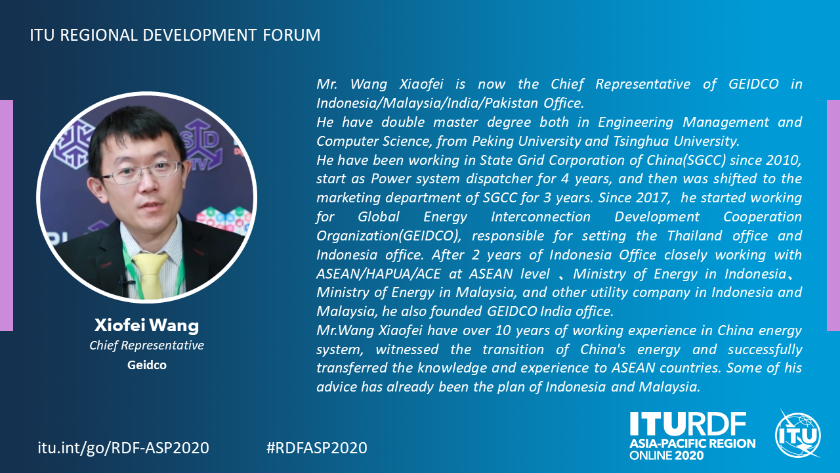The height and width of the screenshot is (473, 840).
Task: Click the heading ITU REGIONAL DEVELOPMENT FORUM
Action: (175, 35)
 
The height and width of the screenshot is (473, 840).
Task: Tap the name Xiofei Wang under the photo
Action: (146, 325)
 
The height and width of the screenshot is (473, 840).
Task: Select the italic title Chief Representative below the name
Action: (146, 346)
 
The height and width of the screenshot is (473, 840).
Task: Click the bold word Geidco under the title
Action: (146, 365)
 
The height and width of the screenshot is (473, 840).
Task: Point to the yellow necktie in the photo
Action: (150, 275)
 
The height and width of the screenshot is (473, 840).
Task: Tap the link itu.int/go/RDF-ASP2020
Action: (123, 448)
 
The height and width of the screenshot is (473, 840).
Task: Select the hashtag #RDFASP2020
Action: (317, 448)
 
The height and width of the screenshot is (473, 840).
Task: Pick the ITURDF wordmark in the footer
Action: (688, 424)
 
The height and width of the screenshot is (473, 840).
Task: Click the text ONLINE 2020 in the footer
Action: (667, 456)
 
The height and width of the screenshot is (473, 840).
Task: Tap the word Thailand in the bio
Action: (694, 236)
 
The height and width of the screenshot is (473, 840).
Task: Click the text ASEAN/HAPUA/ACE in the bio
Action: (379, 274)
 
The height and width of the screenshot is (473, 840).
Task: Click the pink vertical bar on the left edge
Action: (7, 215)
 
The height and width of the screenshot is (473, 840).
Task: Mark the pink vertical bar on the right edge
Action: (833, 215)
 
